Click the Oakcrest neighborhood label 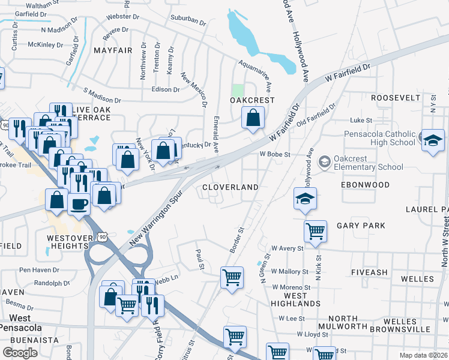(253, 100)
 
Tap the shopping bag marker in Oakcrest (253, 119)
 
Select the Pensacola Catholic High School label (379, 139)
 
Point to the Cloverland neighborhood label (230, 187)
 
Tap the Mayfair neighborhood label (113, 50)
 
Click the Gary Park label (360, 226)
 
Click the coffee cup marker (79, 205)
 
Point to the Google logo (20, 352)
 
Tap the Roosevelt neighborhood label (396, 97)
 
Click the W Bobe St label (275, 154)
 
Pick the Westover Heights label (56, 241)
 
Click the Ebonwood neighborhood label (365, 185)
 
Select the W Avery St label (286, 248)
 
